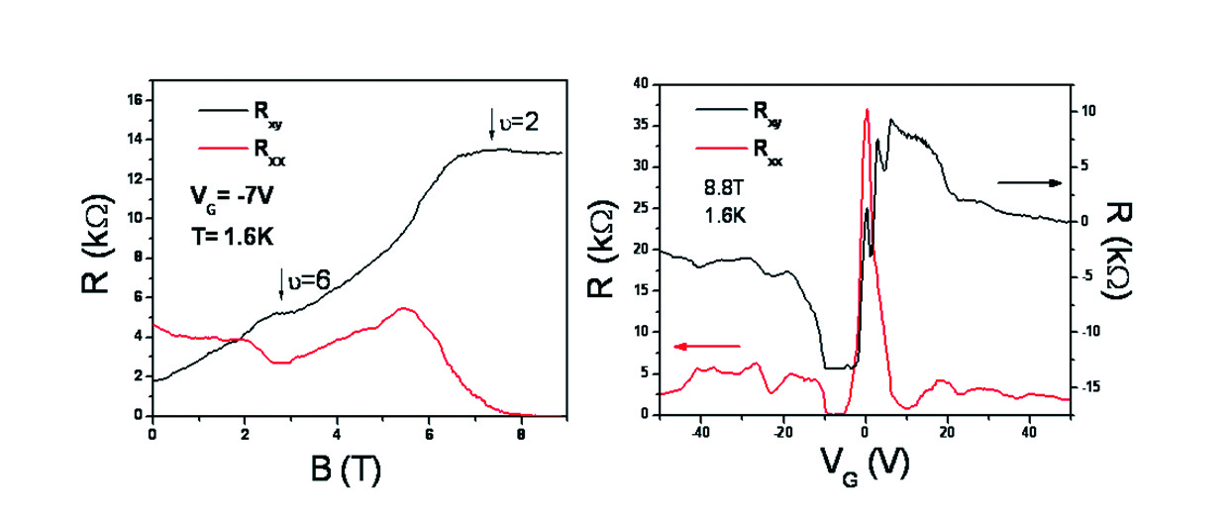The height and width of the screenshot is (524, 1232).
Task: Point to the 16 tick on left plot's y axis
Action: (x=134, y=100)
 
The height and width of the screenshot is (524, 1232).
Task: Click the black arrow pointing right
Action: (x=1030, y=183)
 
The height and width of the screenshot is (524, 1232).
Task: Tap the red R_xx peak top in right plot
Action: (x=867, y=110)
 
